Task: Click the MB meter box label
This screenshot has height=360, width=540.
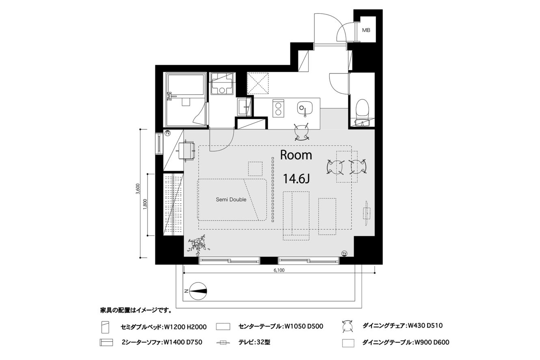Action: pos(366,30)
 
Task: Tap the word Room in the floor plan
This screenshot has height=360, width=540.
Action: pos(296,155)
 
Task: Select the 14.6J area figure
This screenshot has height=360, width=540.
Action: pos(296,179)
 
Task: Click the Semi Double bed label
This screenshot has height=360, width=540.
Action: pos(231,200)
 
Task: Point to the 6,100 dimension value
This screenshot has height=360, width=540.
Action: pos(279,270)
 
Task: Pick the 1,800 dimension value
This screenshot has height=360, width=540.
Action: pos(145,204)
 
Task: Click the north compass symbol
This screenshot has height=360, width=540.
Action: pos(198,291)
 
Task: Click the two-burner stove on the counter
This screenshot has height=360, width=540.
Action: pos(278,109)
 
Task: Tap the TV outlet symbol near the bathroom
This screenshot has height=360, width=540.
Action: pos(167,133)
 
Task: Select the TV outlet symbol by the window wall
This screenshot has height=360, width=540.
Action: pos(344,253)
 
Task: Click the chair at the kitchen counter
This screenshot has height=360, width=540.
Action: pos(302,131)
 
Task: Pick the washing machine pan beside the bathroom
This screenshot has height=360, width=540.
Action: pos(222,83)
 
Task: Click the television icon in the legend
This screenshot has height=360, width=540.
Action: pos(223,343)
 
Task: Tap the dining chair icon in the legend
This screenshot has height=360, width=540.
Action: pos(348,326)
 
